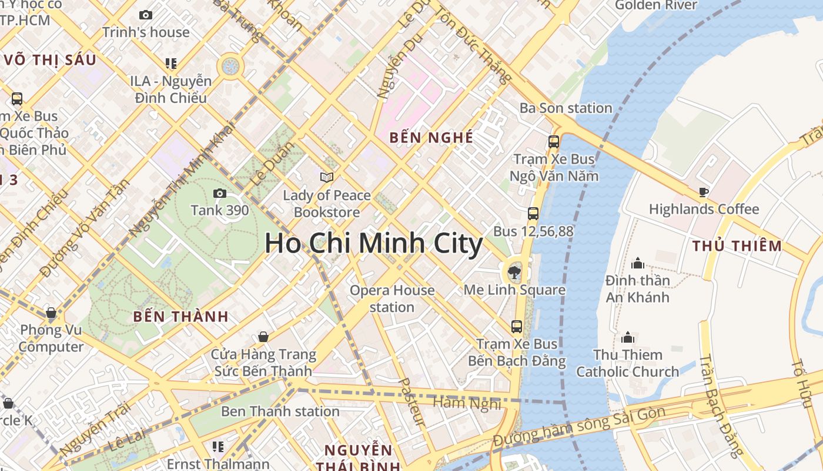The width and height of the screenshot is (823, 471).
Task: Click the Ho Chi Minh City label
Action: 373,244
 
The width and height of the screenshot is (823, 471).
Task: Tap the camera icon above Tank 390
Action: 219,193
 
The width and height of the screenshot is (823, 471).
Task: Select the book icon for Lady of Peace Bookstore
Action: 326,177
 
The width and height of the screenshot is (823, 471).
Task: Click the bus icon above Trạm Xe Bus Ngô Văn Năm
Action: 553,141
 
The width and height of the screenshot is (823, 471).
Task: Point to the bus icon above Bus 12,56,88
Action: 533,214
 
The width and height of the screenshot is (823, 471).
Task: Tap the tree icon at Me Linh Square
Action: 514,272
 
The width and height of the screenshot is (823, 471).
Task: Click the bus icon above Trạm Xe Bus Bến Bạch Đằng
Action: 517,326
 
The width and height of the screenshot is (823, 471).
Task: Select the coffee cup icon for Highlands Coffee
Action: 703,191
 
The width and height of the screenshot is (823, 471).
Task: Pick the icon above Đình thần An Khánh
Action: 637,263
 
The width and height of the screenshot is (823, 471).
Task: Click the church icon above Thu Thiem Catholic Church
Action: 628,337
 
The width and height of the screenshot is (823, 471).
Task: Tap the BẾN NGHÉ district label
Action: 431,138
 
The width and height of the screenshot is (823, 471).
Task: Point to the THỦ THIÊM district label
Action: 737,246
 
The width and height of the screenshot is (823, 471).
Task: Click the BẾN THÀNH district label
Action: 180,316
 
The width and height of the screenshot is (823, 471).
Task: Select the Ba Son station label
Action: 566,108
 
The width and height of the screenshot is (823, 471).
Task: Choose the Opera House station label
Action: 392,298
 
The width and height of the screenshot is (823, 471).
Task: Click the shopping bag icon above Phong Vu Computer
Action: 51,313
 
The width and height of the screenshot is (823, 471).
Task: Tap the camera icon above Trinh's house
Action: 145,15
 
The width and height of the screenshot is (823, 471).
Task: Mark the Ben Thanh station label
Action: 280,411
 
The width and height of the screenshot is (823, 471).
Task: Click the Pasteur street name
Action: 411,401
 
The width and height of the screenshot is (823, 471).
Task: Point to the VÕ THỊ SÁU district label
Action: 49,60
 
